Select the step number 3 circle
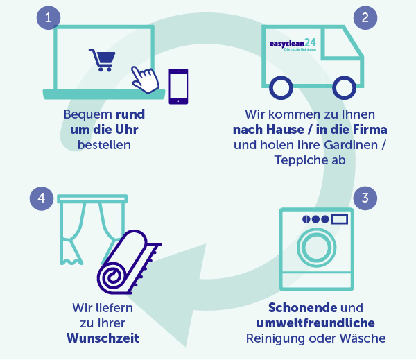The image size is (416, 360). click(366, 198)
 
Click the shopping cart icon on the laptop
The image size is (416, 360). click(101, 60)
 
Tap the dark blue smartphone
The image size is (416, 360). click(179, 86)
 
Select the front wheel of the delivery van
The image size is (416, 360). click(345, 87)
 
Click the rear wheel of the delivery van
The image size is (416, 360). click(281, 87)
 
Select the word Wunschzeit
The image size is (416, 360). click(103, 338)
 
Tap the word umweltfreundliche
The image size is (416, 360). click(315, 323)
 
